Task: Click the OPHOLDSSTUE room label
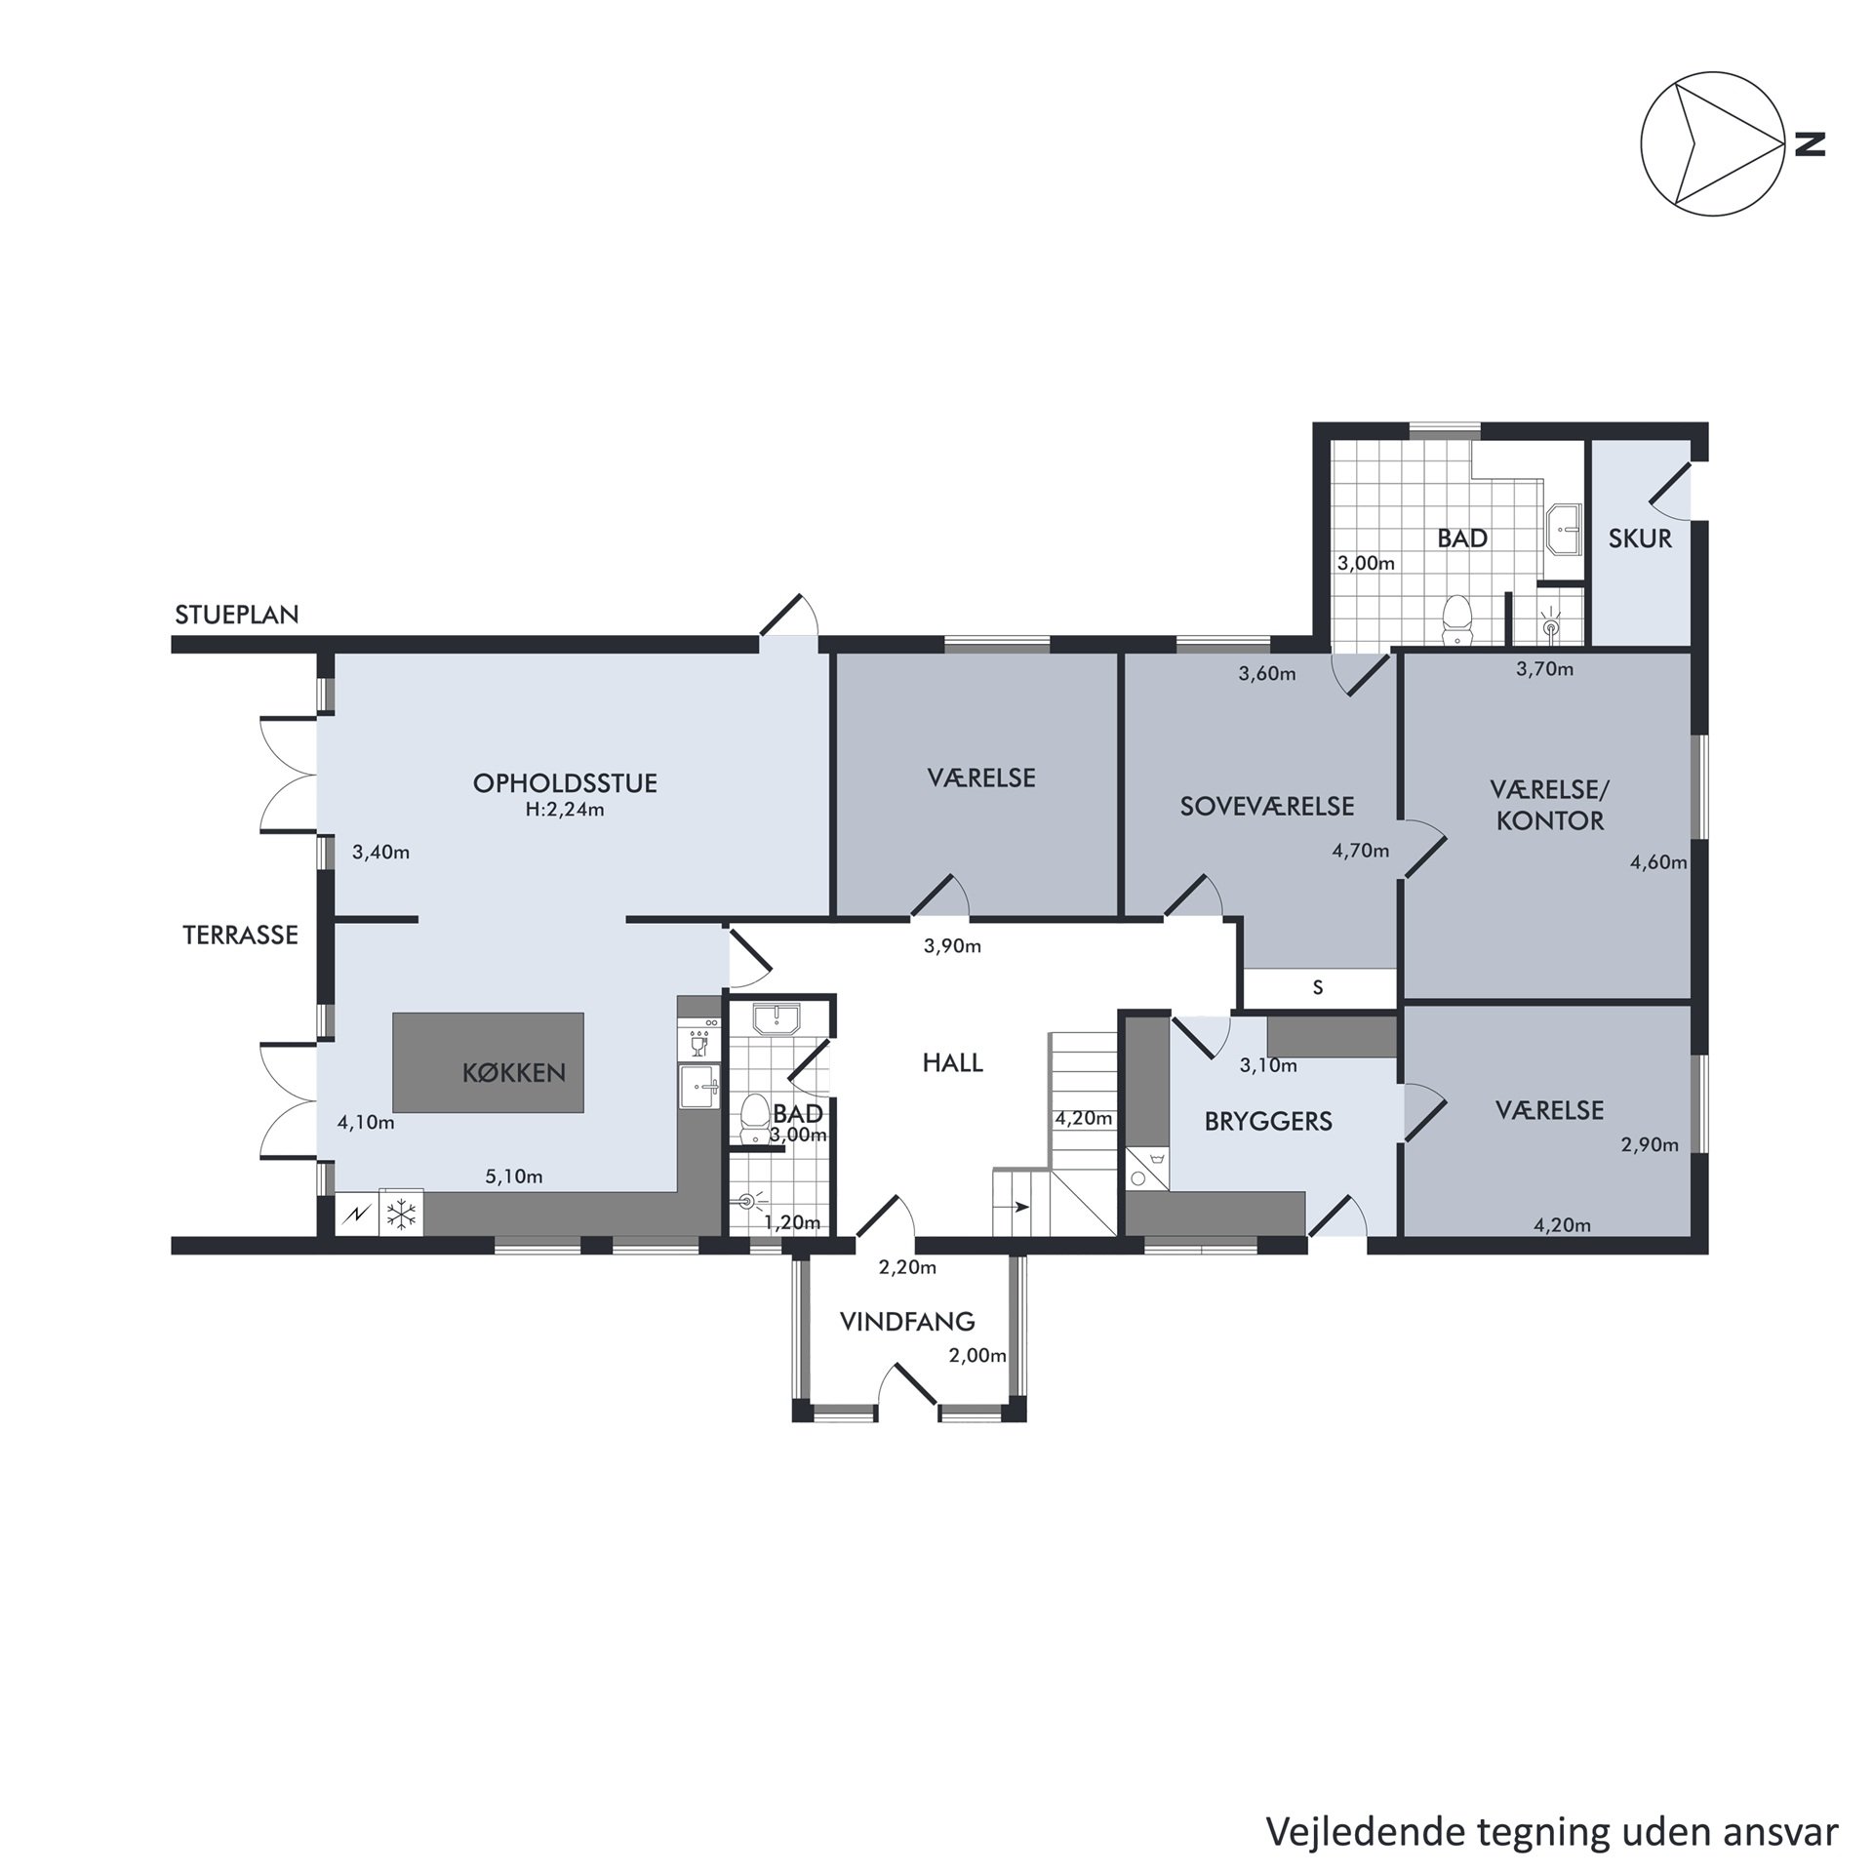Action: click(x=565, y=783)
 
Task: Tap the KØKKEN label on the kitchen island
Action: click(x=514, y=1073)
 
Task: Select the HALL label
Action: click(x=953, y=1063)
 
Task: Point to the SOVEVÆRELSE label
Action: click(x=1267, y=807)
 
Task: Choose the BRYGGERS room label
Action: click(x=1268, y=1122)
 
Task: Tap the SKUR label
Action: click(x=1640, y=538)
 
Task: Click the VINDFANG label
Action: click(x=907, y=1322)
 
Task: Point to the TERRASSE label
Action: click(x=240, y=936)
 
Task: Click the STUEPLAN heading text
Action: click(x=237, y=615)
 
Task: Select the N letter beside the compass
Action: click(x=1810, y=144)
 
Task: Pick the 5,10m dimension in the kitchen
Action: click(x=514, y=1176)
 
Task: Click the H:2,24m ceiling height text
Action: click(x=565, y=810)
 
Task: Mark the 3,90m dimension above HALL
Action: click(x=952, y=946)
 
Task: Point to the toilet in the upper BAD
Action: click(x=1456, y=620)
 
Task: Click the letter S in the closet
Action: click(x=1318, y=987)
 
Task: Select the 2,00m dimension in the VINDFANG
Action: click(x=977, y=1356)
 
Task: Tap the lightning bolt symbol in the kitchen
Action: click(x=355, y=1215)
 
